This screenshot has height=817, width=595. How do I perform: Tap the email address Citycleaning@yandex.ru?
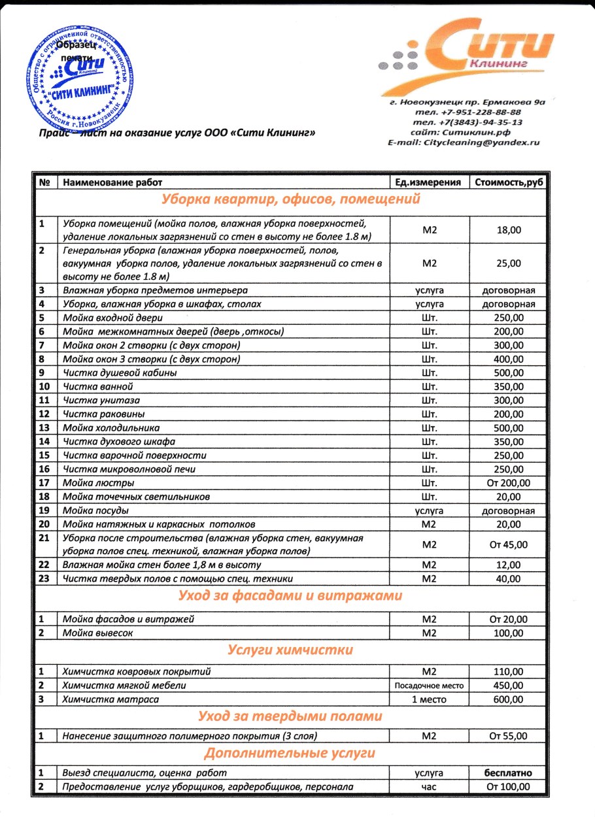464,142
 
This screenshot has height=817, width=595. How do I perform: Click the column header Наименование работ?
112,182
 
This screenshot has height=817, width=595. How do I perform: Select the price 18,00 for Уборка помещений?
509,230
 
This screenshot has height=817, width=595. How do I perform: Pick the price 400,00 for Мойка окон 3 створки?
509,359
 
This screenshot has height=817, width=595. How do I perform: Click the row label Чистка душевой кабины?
119,373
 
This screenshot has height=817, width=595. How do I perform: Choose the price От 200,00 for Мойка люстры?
509,483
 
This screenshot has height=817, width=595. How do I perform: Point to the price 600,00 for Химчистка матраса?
509,699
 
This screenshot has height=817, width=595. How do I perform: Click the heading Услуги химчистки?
291,650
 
